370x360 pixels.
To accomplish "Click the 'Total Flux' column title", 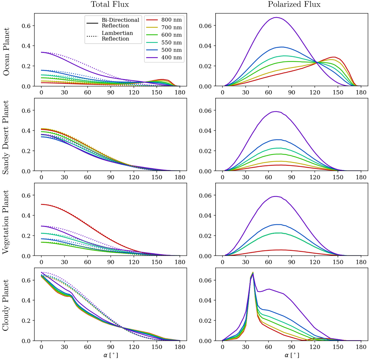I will (110, 4).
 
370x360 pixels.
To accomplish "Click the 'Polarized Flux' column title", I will (294, 4).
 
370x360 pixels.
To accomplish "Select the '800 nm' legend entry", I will (171, 20).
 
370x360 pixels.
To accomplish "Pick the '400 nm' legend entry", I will (171, 58).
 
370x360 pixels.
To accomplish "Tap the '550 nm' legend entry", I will (171, 42).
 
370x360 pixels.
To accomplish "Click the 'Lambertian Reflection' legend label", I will (117, 36).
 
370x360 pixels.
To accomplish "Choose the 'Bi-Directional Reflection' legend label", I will (120, 23).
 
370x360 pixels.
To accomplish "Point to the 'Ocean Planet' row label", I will (6, 51).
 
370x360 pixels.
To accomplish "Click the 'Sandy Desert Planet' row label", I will (6, 137).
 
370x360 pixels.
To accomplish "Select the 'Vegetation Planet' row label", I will (6, 222).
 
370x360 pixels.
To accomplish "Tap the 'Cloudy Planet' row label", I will (6, 305).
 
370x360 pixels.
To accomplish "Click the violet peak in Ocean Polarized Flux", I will (276, 17).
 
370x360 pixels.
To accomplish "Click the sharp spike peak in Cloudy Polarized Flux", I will (253, 272).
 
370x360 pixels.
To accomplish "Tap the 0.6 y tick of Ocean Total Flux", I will (26, 26).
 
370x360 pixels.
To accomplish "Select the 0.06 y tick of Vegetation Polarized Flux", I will (206, 195).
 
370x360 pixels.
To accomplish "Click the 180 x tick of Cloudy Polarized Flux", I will (361, 347).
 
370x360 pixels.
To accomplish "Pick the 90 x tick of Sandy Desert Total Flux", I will (111, 177).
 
